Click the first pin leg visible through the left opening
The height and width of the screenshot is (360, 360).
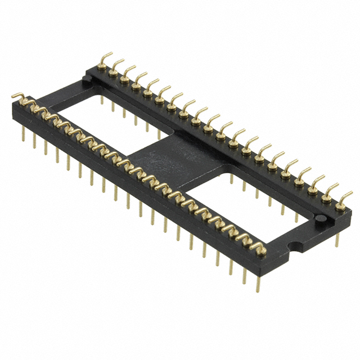tap(101, 101)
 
